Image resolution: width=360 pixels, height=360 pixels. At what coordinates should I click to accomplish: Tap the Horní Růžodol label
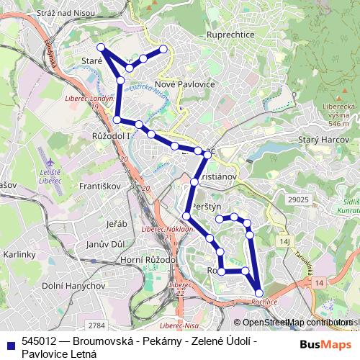coord(150,259)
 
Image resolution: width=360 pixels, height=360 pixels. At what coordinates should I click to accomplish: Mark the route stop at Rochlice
coord(259,292)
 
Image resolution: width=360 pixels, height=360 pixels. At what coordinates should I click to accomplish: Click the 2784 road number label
coord(98,325)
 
